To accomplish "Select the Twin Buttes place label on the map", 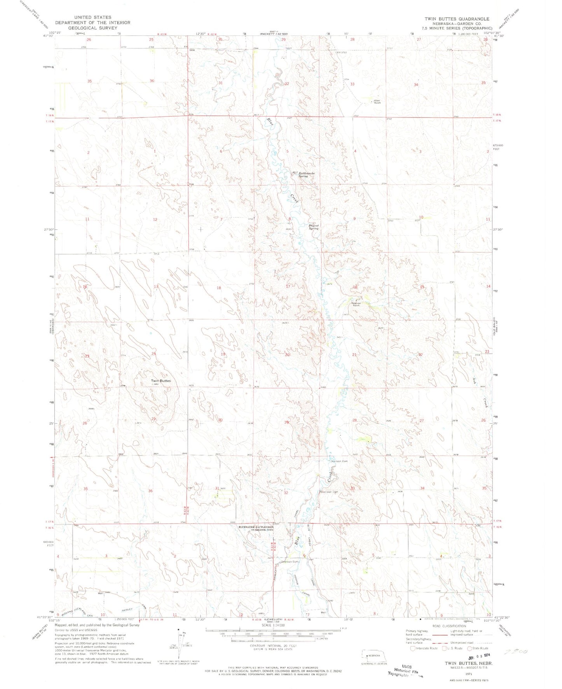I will [161, 380].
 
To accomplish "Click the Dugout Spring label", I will [313, 226].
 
